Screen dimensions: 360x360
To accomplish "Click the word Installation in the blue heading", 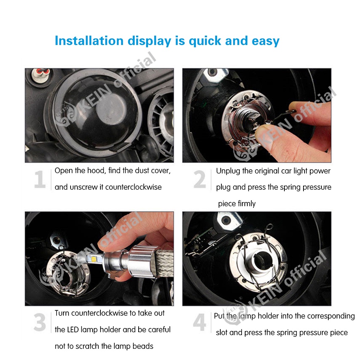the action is pyautogui.click(x=89, y=41).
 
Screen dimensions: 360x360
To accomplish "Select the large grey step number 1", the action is pyautogui.click(x=40, y=179).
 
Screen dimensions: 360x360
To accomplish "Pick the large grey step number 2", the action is pyautogui.click(x=199, y=179).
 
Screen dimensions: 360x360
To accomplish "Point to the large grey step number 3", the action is pyautogui.click(x=40, y=322).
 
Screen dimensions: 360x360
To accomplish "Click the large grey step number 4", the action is pyautogui.click(x=199, y=322).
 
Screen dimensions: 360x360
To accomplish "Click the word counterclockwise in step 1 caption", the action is pyautogui.click(x=134, y=187).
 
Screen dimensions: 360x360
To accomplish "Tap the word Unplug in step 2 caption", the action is pyautogui.click(x=228, y=171).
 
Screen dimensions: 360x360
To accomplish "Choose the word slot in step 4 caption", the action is pyautogui.click(x=221, y=332).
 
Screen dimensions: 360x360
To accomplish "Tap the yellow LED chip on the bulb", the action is pyautogui.click(x=94, y=259).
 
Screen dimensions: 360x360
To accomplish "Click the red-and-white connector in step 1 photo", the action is pyautogui.click(x=42, y=73).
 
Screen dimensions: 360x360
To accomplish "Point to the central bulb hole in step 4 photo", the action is pyautogui.click(x=261, y=260).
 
